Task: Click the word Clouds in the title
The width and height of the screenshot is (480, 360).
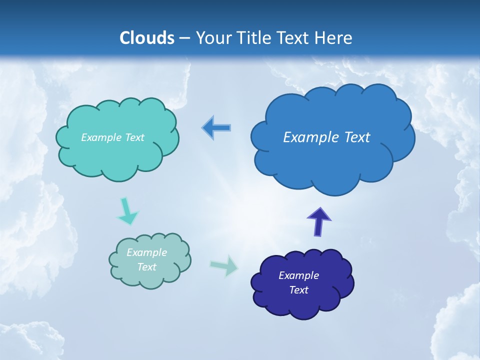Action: [146, 38]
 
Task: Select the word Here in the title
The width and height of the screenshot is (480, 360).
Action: [334, 38]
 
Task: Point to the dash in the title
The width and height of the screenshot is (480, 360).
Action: [184, 38]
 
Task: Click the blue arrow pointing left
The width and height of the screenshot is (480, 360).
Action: [216, 127]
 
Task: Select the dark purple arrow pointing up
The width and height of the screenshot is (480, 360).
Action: [318, 221]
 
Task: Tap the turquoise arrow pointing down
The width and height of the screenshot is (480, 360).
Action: [127, 211]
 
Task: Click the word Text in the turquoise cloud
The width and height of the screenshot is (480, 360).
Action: [133, 137]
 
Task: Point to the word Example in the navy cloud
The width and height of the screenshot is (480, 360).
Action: [298, 275]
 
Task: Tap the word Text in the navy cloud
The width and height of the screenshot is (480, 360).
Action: [298, 290]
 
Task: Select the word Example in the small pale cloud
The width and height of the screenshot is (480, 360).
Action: [146, 252]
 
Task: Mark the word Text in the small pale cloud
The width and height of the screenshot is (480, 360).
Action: [146, 267]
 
